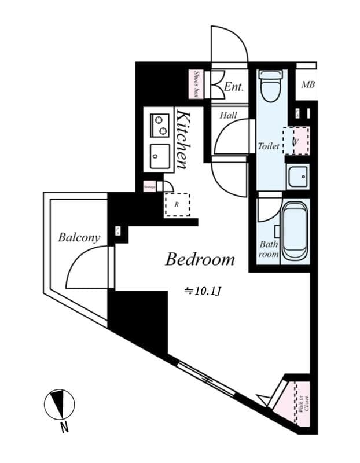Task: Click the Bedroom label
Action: coord(200,259)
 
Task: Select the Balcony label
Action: coord(79,237)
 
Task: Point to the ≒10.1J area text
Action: coord(203,292)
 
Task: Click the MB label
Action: coord(307,86)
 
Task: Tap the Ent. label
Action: coord(233,87)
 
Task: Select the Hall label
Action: coord(228,116)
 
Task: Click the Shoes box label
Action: coord(197,84)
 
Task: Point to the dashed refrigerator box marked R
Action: coord(177,204)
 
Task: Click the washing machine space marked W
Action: coord(296,141)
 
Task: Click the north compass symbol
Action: coord(60,404)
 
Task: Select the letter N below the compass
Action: coord(65,428)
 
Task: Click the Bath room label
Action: coord(269,249)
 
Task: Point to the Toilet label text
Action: coord(269,146)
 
